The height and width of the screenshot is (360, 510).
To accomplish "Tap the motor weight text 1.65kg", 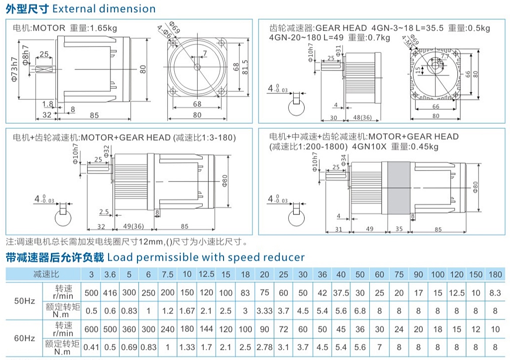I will coord(103,28).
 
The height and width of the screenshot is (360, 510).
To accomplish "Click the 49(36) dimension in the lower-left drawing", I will coord(134,226).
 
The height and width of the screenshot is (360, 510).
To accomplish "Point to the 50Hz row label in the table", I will coord(24,301).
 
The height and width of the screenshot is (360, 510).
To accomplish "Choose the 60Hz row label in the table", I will coord(24,338).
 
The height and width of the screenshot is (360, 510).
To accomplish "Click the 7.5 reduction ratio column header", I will coord(168,274).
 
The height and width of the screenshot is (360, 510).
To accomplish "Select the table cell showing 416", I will coord(110,293).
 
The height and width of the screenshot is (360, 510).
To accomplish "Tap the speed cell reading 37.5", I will coord(341,293).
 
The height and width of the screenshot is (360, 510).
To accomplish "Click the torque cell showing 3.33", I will coord(264,311).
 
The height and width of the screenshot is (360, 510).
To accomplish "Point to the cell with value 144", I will coord(206,329).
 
